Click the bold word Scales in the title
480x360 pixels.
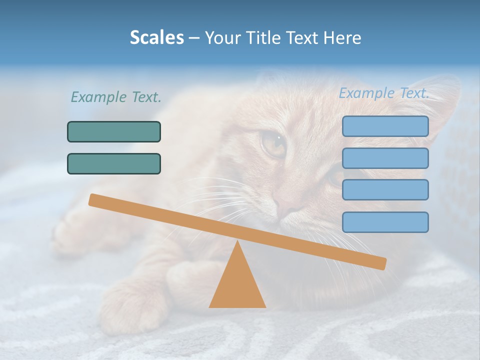[156, 37]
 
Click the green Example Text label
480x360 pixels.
[116, 97]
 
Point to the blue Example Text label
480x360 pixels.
[384, 93]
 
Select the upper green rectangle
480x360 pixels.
[114, 131]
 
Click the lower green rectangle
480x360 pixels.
[114, 163]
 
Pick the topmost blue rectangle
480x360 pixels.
[385, 126]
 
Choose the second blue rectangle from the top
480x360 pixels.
[385, 158]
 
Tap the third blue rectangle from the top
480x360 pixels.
[385, 189]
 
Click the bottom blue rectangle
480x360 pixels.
[385, 222]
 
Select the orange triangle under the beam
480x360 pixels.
[237, 285]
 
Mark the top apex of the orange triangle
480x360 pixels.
[237, 242]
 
